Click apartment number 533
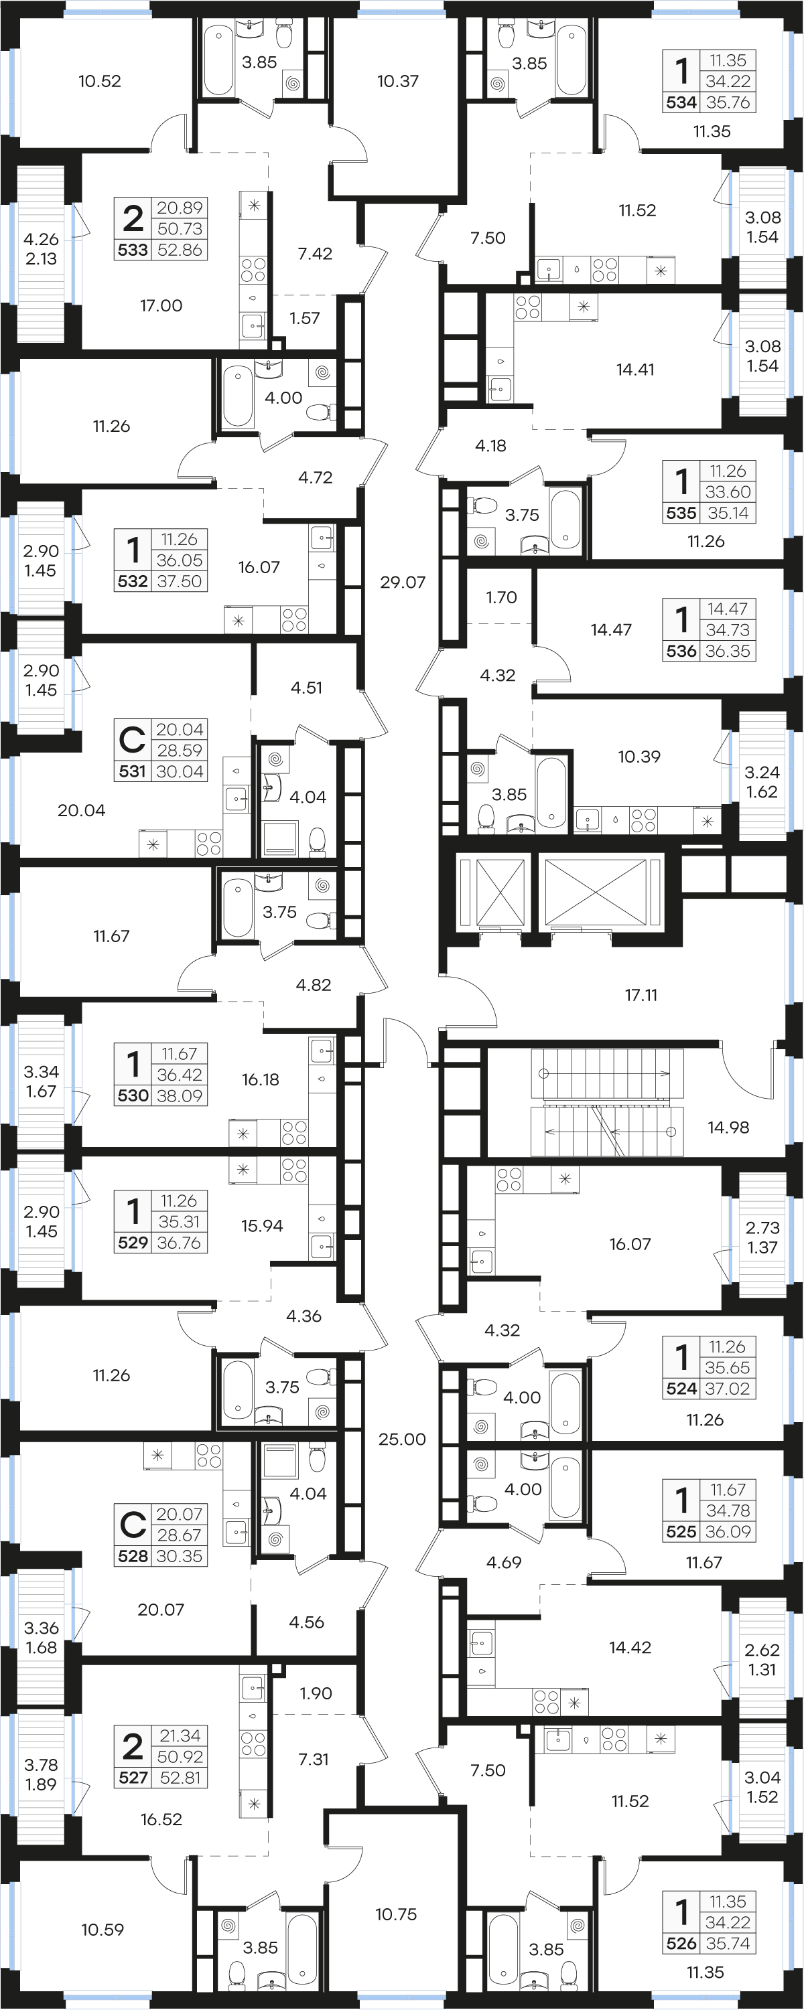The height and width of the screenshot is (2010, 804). click(x=133, y=250)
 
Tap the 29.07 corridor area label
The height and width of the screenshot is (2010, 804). click(x=403, y=582)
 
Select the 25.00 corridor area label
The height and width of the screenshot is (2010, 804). click(x=402, y=1439)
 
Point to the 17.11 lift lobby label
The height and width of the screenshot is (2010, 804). click(x=641, y=995)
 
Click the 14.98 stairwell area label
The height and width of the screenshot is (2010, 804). click(x=728, y=1127)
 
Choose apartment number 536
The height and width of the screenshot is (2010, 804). click(x=681, y=651)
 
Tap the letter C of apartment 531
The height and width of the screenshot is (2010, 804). click(x=133, y=739)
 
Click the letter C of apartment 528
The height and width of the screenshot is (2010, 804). click(x=133, y=1524)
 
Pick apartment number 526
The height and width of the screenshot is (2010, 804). click(x=681, y=1944)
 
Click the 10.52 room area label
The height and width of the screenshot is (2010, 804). click(x=100, y=81)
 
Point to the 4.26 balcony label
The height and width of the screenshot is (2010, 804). click(x=41, y=240)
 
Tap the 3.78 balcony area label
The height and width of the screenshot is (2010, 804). click(x=41, y=1765)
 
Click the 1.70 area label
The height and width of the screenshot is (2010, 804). click(x=501, y=598)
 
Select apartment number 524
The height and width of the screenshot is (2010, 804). click(x=681, y=1389)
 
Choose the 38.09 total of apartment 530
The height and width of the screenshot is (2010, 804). click(x=180, y=1095)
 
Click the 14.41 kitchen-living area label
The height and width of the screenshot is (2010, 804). click(x=635, y=370)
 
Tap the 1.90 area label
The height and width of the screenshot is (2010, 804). click(x=316, y=1693)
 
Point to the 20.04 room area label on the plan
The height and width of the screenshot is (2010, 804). click(x=81, y=811)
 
